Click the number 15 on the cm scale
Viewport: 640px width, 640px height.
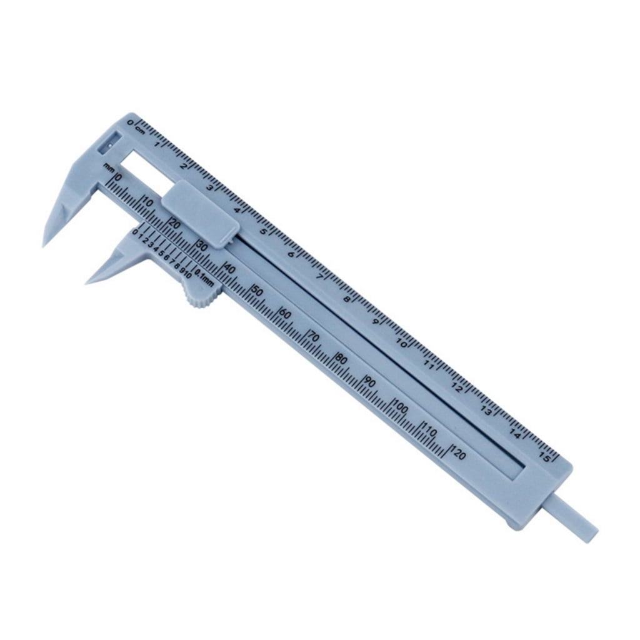(544, 458)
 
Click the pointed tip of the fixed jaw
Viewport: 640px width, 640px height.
(45, 244)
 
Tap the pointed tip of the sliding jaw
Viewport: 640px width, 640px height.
(88, 281)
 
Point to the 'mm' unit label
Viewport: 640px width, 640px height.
(109, 167)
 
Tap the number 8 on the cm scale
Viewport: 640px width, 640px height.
(347, 299)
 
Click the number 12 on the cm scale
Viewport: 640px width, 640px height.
(457, 388)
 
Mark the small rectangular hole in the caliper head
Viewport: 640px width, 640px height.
(109, 143)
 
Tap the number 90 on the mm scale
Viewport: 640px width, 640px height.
(370, 382)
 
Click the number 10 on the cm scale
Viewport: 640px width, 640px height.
(402, 344)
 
